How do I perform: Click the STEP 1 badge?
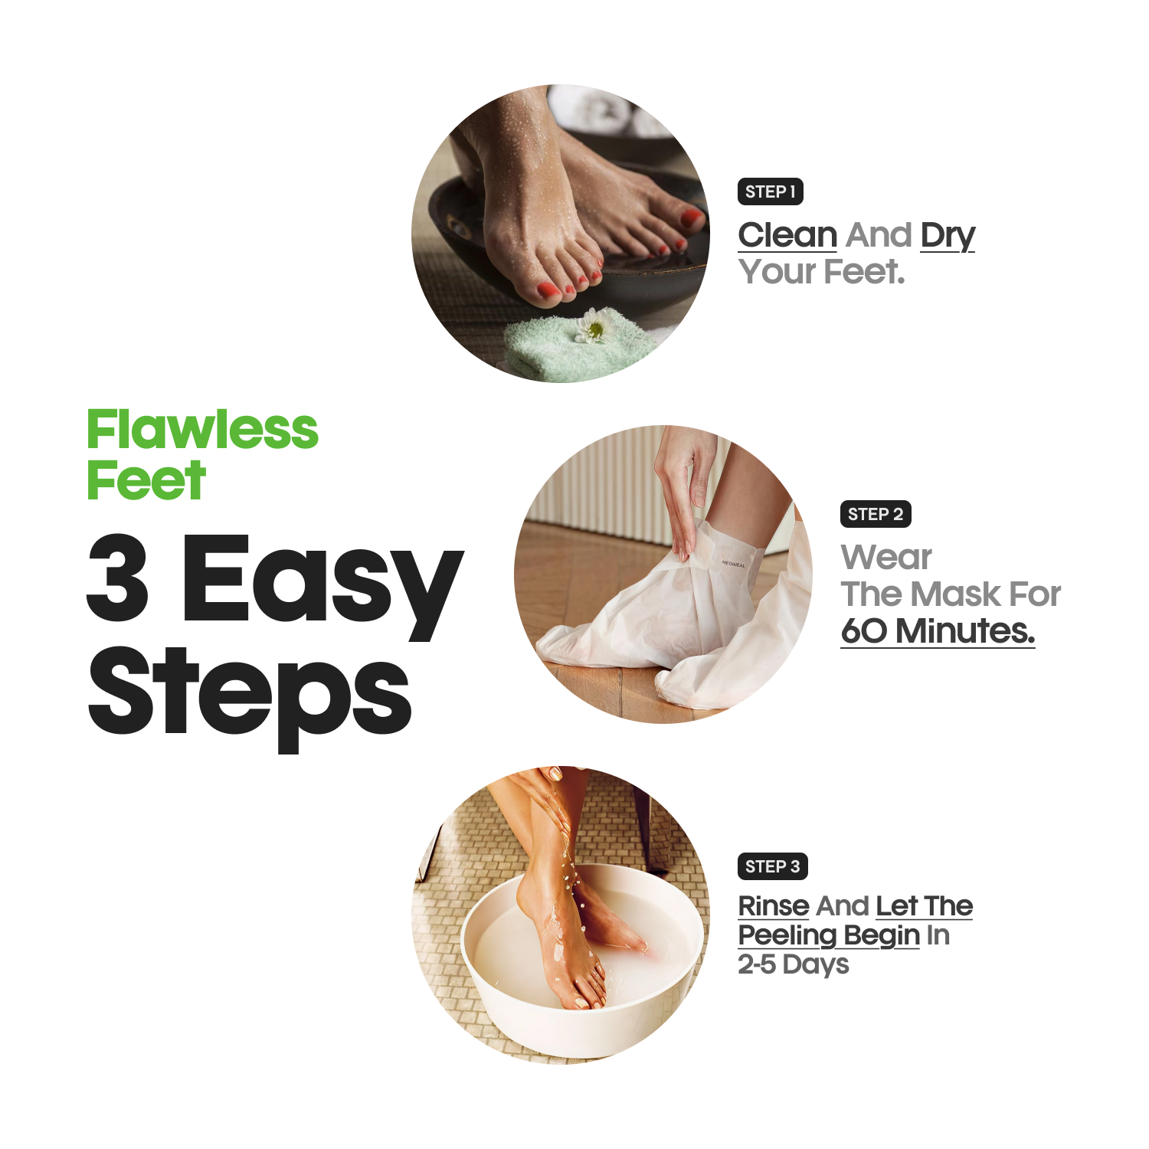(770, 191)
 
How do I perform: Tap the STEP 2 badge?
(875, 514)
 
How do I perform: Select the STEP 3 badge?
(772, 866)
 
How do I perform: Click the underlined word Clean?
(787, 235)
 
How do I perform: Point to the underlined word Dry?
(947, 236)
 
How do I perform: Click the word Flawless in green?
(202, 430)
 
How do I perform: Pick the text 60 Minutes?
(938, 631)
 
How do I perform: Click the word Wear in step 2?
(886, 557)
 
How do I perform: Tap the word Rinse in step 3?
(774, 906)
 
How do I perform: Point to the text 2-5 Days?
(793, 964)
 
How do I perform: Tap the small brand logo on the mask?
(733, 564)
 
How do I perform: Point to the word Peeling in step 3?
(787, 935)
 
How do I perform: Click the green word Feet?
(146, 481)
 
